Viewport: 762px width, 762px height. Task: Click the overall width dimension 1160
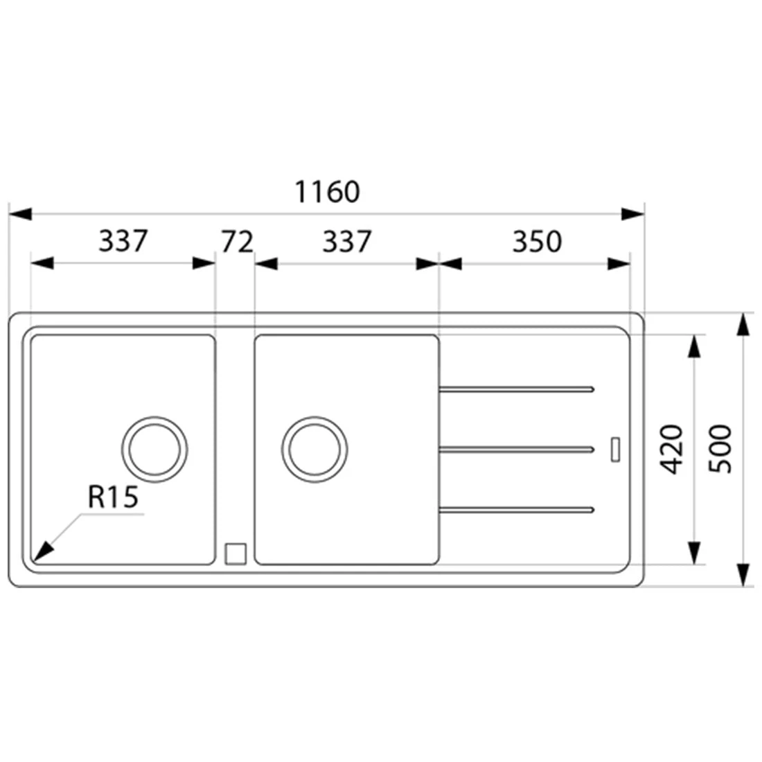(328, 192)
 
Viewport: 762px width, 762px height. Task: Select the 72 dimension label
(238, 242)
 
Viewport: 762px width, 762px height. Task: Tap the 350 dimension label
(536, 242)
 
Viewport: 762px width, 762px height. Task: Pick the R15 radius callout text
(114, 497)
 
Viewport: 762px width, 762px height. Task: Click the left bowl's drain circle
(154, 448)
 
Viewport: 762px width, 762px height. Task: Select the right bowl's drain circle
(314, 448)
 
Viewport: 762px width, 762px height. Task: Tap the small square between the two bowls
(236, 553)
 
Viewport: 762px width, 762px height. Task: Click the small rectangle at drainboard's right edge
(614, 448)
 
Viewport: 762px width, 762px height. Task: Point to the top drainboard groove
(516, 390)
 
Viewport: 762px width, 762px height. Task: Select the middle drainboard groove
(516, 450)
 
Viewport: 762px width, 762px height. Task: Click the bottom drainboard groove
(516, 510)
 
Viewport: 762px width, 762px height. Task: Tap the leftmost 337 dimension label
(123, 242)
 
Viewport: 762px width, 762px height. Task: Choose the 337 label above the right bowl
(347, 242)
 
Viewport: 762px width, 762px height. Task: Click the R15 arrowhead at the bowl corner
(43, 551)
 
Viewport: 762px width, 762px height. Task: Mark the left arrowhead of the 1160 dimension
(19, 214)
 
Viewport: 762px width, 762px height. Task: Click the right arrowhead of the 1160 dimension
(632, 214)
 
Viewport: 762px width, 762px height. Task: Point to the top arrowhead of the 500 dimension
(743, 325)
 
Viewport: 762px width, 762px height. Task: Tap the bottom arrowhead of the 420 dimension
(693, 552)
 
